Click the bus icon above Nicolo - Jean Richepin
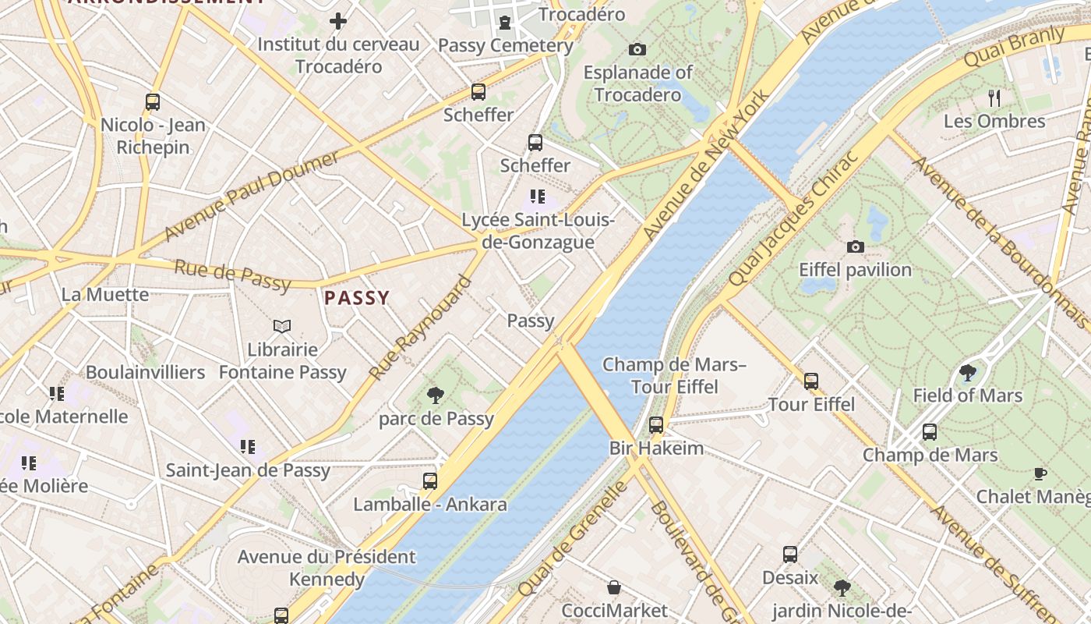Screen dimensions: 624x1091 (153, 101)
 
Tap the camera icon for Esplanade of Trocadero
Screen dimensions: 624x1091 (637, 50)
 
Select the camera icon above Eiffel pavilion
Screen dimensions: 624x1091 (855, 247)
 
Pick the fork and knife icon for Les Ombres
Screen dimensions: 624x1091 (994, 98)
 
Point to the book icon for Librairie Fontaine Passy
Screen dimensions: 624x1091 (282, 326)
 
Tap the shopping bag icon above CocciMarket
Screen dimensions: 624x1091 (614, 587)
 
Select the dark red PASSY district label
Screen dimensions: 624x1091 (357, 298)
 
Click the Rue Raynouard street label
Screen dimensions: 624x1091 (421, 328)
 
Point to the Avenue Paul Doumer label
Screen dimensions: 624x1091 (252, 196)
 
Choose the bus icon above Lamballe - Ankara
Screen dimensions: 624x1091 (430, 481)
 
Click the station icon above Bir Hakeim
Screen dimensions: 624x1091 (656, 425)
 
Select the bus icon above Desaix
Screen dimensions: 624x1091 (790, 555)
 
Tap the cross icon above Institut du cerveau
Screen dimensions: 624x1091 (338, 21)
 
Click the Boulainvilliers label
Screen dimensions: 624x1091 (146, 372)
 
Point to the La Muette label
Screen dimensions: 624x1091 (105, 294)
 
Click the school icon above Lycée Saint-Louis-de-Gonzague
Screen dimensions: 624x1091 (538, 197)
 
